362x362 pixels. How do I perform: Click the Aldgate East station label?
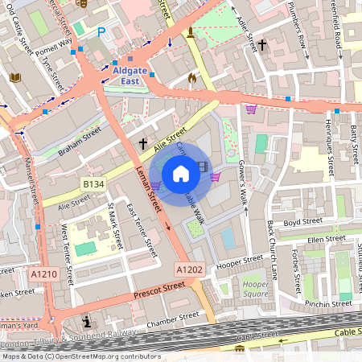point(138,75)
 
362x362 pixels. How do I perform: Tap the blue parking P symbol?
point(101,31)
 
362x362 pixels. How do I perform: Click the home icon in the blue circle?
point(181,173)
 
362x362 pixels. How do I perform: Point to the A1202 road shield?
point(189,269)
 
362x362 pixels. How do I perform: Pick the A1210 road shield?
point(45,275)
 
